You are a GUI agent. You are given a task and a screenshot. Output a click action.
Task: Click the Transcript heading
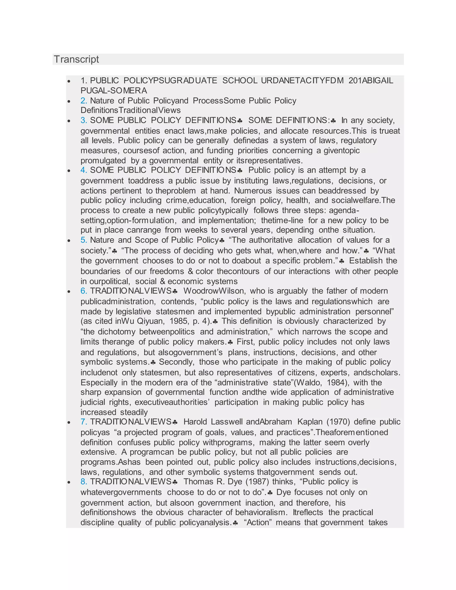pyautogui.click(x=76, y=59)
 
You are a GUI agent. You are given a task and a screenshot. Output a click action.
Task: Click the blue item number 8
pyautogui.click(x=83, y=481)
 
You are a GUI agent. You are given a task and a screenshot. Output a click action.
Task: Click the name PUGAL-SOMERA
pyautogui.click(x=114, y=90)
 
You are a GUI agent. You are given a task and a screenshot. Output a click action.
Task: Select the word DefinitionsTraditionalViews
pyautogui.click(x=130, y=110)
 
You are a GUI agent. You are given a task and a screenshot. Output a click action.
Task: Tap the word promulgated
pyautogui.click(x=103, y=161)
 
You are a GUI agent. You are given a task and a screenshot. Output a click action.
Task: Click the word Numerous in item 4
pyautogui.click(x=252, y=191)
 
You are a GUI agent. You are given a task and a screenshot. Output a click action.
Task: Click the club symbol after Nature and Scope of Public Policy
pyautogui.click(x=222, y=240)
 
